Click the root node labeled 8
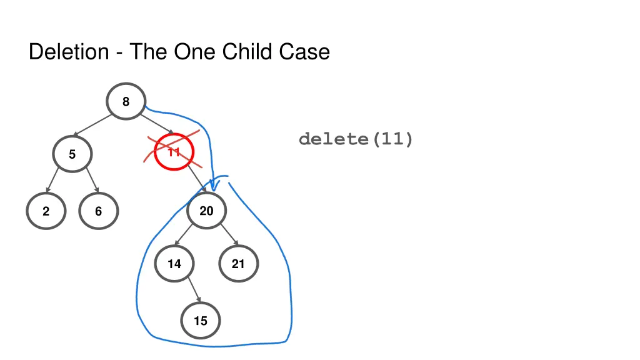(126, 101)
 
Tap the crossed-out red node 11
(174, 152)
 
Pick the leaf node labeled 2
(46, 212)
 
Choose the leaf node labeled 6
(98, 212)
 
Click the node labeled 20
(206, 211)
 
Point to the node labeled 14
(174, 264)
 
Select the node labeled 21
(238, 264)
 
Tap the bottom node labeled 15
(200, 321)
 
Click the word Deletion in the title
(69, 51)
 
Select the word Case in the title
(304, 51)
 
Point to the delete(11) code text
(356, 139)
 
